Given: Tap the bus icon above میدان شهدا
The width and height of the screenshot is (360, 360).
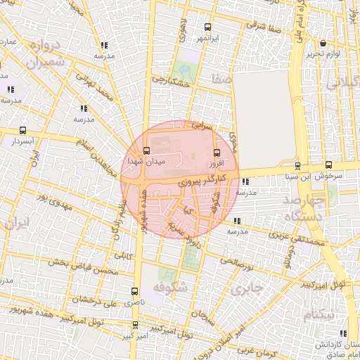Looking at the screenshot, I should [x=146, y=150].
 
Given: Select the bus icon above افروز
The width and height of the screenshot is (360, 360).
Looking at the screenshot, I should [x=216, y=153].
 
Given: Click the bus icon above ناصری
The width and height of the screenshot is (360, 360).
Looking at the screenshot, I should [x=134, y=291].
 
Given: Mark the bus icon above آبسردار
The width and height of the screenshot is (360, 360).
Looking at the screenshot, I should [x=23, y=131].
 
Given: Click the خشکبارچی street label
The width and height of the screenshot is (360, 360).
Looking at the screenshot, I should [x=172, y=82].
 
